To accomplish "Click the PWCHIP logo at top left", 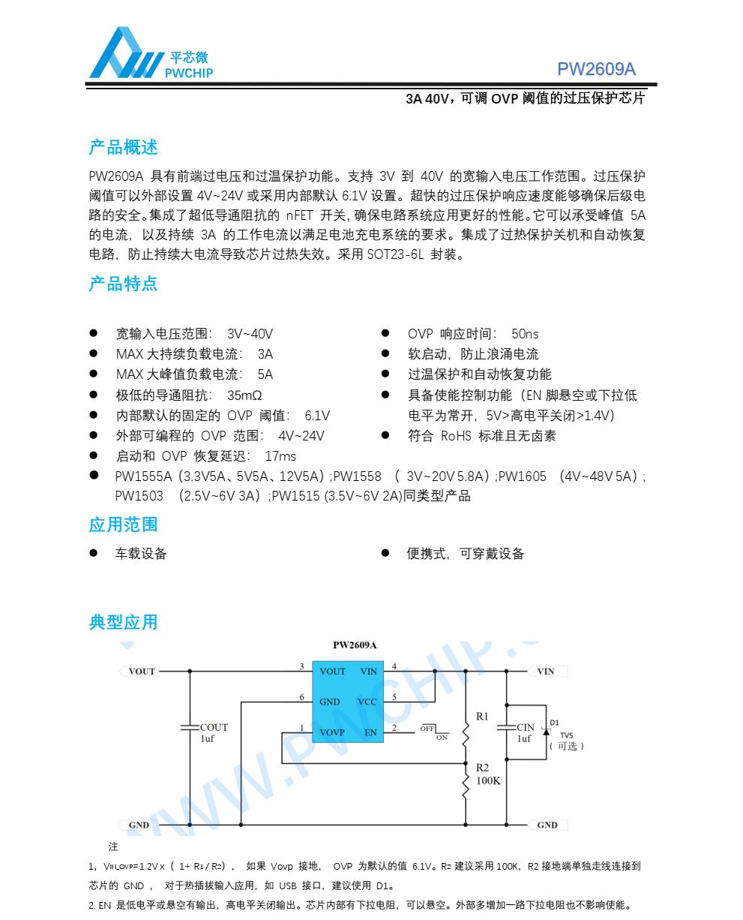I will click(x=150, y=54).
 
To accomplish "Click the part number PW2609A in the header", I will click(x=596, y=69).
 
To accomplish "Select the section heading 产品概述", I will click(x=123, y=147).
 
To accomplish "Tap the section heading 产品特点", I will click(x=123, y=284).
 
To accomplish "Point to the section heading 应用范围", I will click(x=123, y=525).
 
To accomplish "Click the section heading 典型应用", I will click(x=123, y=622).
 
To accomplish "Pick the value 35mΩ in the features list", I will click(x=244, y=395).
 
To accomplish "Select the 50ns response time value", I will click(x=525, y=334).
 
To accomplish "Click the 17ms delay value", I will click(x=280, y=456).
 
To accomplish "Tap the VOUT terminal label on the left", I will click(x=142, y=672).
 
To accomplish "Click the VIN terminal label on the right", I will click(x=546, y=672).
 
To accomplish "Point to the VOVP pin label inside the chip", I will click(x=332, y=732).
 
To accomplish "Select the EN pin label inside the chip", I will click(x=370, y=732).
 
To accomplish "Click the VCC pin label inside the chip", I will click(x=367, y=702).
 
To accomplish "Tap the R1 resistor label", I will click(x=482, y=717).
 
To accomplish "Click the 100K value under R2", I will click(x=488, y=781).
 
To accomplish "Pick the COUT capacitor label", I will click(x=214, y=727).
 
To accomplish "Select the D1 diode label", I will click(x=554, y=723).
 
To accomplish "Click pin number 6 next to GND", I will click(x=302, y=698).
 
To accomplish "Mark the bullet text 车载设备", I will click(x=140, y=554).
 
